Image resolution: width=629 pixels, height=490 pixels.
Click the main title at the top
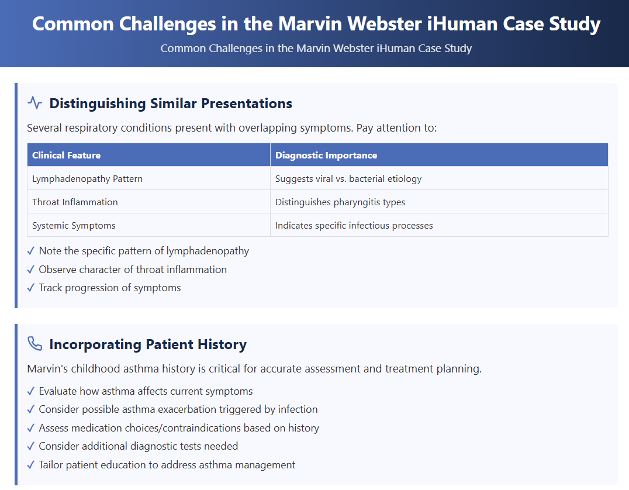[316, 24]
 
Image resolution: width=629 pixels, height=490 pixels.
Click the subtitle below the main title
[316, 48]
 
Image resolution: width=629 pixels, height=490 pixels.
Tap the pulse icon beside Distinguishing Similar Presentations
[35, 103]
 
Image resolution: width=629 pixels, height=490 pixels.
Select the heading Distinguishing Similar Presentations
[171, 103]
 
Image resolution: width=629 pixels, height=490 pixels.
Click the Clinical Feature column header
[67, 155]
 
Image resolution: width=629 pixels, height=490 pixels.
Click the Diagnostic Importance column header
[326, 155]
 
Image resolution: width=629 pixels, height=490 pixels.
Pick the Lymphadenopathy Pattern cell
[87, 178]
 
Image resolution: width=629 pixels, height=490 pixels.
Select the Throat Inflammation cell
[75, 202]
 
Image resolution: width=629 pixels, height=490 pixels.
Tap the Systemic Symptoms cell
[74, 225]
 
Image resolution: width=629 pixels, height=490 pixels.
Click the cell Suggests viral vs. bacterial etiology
[348, 178]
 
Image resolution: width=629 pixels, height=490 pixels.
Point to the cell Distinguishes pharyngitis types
[340, 202]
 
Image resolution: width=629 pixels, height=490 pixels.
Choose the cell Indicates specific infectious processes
[354, 225]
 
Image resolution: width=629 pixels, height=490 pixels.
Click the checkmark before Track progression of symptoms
[31, 288]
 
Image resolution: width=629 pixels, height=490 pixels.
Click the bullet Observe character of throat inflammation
[133, 270]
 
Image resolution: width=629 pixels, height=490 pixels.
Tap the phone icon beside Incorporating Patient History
[35, 344]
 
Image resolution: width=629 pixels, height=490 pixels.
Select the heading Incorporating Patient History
[148, 344]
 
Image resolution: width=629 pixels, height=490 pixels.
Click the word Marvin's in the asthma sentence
[46, 369]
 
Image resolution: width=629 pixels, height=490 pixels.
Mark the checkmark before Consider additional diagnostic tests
[31, 446]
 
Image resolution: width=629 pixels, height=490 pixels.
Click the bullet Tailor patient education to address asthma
[167, 465]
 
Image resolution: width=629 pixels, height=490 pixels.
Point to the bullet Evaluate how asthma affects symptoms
[146, 391]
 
